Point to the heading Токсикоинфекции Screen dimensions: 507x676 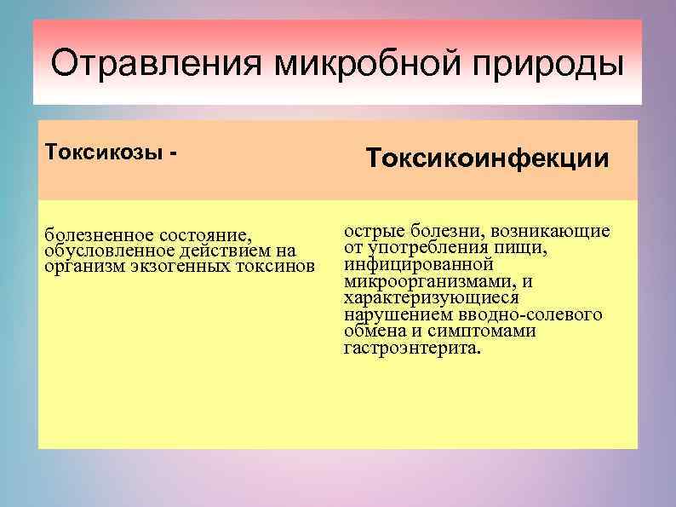click(x=488, y=158)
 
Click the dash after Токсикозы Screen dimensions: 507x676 click(x=175, y=152)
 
